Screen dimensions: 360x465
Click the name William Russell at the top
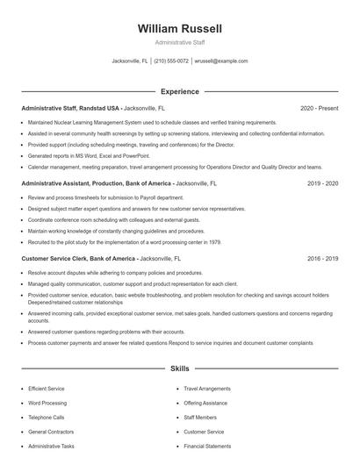[180, 29]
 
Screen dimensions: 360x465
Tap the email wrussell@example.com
[220, 61]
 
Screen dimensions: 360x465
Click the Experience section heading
[180, 91]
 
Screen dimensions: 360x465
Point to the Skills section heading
[180, 369]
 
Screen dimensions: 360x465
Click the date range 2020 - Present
[319, 108]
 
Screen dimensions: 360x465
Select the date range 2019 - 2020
[322, 183]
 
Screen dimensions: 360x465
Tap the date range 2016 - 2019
[322, 259]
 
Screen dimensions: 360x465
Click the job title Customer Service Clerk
[56, 259]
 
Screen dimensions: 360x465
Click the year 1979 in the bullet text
[214, 241]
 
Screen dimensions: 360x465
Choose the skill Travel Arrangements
[207, 387]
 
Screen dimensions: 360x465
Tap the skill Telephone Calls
[47, 417]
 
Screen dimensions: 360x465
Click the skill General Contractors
[51, 432]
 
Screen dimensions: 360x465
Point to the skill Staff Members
[200, 417]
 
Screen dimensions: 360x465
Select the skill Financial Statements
[207, 447]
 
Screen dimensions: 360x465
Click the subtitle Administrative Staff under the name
[180, 43]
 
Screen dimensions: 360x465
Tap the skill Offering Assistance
[205, 402]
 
